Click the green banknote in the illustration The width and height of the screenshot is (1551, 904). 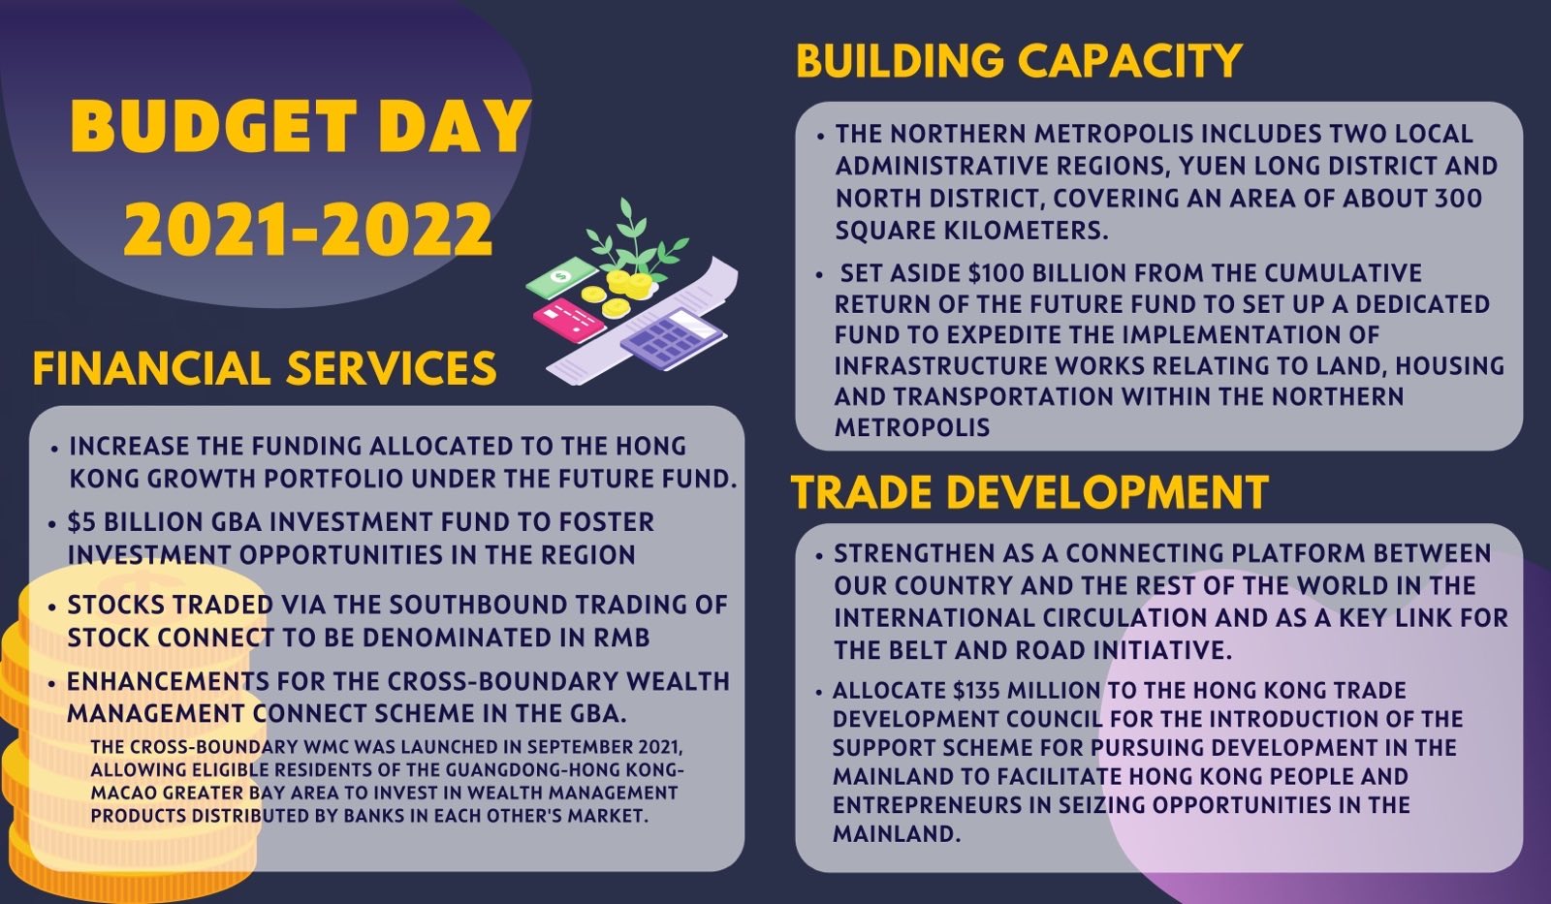[x=561, y=277]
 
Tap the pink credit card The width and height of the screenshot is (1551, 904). [x=569, y=321]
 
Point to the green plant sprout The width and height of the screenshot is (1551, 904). [x=635, y=238]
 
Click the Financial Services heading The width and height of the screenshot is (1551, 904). [x=265, y=367]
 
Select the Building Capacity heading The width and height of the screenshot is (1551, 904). [x=1019, y=60]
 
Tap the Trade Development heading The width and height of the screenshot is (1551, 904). [x=1029, y=492]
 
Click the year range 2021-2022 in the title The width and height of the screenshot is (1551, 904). [x=308, y=229]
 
